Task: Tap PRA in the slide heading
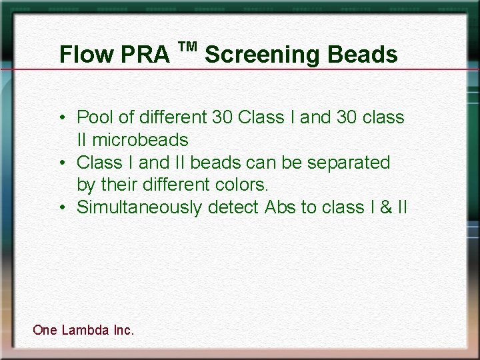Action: pos(146,55)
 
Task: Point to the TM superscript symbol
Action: pos(188,46)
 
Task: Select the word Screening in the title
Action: pos(263,55)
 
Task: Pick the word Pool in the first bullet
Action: pos(95,117)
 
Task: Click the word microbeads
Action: pos(140,140)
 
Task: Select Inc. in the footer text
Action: pos(124,329)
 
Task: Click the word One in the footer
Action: pos(45,329)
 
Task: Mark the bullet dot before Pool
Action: pos(61,118)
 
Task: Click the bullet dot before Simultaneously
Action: pos(61,208)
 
